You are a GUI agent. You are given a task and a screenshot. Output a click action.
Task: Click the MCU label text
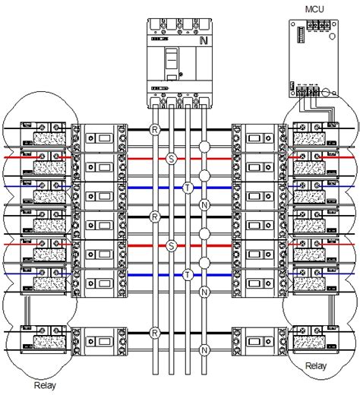[314, 9]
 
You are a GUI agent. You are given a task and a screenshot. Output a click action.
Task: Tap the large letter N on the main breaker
[204, 40]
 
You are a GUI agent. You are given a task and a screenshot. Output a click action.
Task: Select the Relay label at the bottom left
[45, 385]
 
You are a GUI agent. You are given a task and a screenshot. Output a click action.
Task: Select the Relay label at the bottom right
[316, 365]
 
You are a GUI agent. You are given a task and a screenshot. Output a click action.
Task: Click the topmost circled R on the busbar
[155, 130]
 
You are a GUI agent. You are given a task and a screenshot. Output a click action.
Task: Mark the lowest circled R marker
[155, 333]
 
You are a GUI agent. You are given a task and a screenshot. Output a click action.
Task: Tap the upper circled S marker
[172, 159]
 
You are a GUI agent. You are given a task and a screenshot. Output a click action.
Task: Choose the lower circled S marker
[172, 245]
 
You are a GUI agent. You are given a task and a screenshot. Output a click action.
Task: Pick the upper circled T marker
[188, 188]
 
